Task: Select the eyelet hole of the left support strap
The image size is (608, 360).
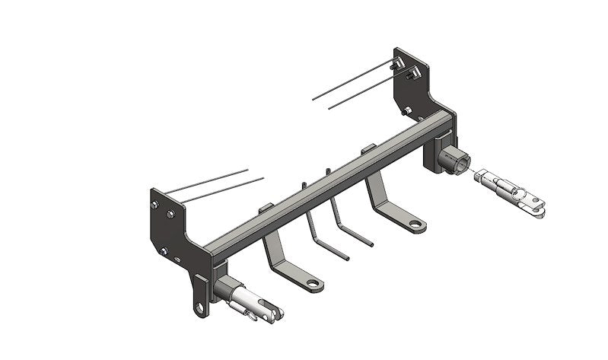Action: click(311, 283)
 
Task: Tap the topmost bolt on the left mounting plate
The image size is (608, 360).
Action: click(155, 204)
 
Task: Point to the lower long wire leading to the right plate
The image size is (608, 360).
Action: click(365, 92)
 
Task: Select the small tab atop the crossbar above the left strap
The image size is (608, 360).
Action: click(266, 208)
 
